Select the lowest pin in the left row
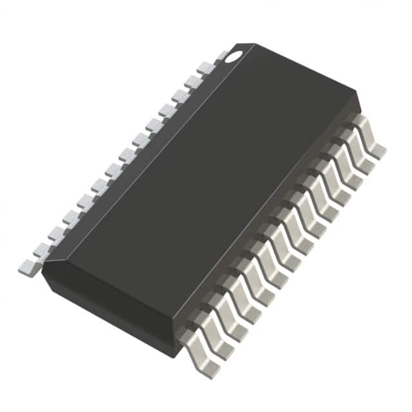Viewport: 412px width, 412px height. point(29,267)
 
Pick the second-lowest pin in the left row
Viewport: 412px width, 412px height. point(42,250)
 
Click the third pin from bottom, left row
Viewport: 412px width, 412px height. point(57,234)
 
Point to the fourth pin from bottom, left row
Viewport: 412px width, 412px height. point(71,218)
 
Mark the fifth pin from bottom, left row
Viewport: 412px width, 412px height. point(84,202)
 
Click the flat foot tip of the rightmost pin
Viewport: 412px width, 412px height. point(379,151)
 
